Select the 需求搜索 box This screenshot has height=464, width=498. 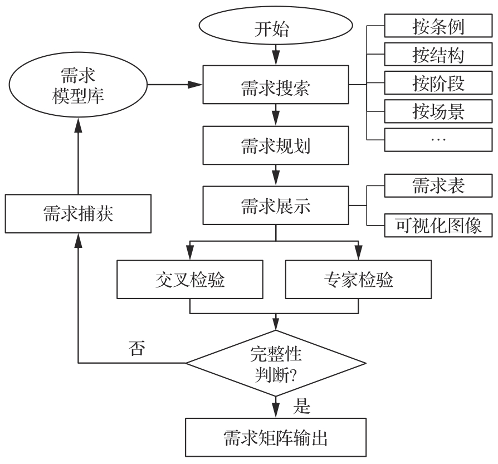[276, 85]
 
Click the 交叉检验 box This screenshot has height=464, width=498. [191, 279]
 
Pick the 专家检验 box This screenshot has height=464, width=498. [358, 279]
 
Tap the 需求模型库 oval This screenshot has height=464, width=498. [78, 85]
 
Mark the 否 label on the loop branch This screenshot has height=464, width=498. [135, 350]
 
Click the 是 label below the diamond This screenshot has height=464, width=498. [302, 407]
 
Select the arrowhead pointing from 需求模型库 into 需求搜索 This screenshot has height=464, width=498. [195, 85]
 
